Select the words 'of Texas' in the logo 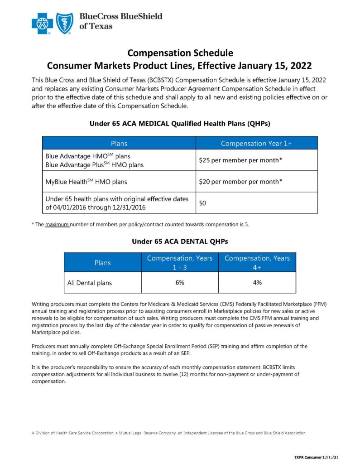tap(96, 26)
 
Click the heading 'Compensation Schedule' tap(180, 53)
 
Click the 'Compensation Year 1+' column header tap(256, 143)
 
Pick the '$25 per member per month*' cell tap(240, 160)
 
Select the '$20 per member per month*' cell tap(240, 181)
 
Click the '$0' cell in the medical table tap(203, 203)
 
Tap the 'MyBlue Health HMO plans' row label tap(86, 182)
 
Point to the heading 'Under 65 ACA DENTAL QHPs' tap(180, 242)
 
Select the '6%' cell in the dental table tap(180, 282)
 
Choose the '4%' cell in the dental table tap(257, 282)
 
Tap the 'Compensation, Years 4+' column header tap(257, 262)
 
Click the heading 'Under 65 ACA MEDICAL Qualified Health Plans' tap(180, 123)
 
